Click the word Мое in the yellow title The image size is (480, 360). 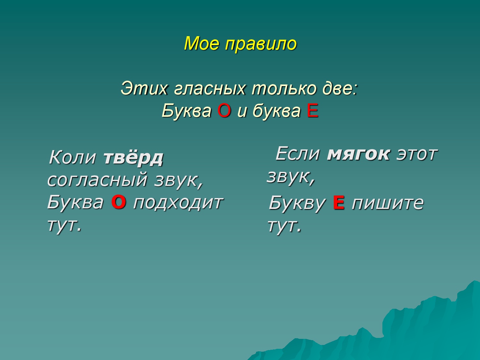pos(201,43)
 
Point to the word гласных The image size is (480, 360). pos(210,89)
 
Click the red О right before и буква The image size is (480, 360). pos(224,111)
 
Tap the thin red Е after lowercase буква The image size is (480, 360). pos(313,111)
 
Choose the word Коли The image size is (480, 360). pos(72,157)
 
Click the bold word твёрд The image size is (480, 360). pos(133,157)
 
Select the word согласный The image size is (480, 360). pos(97,180)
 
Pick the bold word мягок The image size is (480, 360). pos(358,154)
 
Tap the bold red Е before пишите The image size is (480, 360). pos(339,203)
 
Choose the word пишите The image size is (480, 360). pos(388,204)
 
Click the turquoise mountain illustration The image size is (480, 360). pos(394,332)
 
